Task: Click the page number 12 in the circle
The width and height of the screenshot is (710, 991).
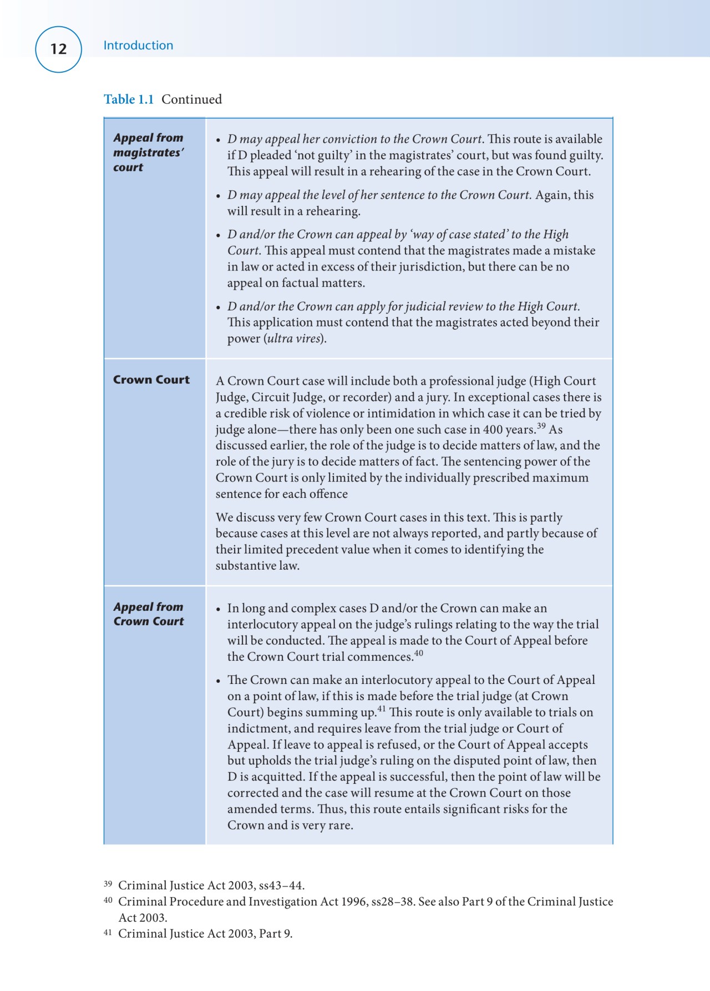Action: point(58,49)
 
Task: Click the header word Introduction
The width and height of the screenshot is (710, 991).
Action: point(138,46)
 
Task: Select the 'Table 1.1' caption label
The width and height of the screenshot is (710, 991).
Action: point(129,99)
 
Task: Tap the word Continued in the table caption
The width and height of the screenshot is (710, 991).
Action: point(191,99)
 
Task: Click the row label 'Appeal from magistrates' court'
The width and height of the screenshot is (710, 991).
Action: point(148,152)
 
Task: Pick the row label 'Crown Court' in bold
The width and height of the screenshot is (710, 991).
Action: point(151,380)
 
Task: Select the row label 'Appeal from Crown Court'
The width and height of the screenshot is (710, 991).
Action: point(148,614)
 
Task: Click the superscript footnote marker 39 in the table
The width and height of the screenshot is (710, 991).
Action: point(541,426)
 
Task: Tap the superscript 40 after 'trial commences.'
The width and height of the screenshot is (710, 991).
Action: point(418,653)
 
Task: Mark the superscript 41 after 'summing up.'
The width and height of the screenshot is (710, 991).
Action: point(382,709)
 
